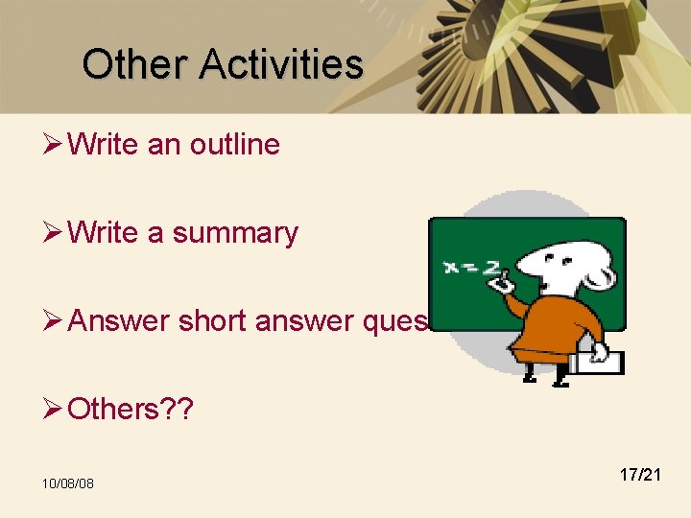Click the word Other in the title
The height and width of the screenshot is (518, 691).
tap(135, 64)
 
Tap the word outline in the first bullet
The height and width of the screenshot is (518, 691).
tap(235, 145)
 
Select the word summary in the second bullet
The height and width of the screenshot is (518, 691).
tap(235, 233)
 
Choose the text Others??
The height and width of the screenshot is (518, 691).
tap(131, 410)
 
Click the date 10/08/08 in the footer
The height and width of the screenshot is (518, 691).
tap(67, 483)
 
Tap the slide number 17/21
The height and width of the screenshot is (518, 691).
tap(640, 474)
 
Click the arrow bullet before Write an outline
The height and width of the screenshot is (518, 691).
tap(54, 145)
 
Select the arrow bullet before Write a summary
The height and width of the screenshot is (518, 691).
tap(54, 233)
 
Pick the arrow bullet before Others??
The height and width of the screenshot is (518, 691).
tap(54, 410)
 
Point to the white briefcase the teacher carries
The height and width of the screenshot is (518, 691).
tap(595, 361)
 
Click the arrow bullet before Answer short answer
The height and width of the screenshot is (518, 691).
tap(54, 321)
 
